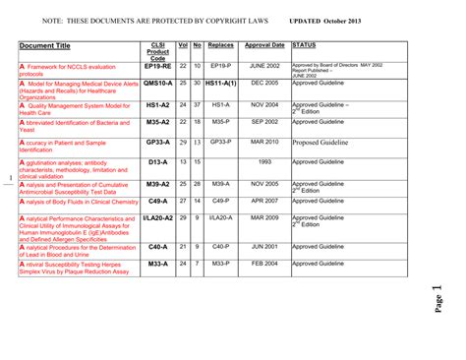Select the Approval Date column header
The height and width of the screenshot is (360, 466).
[x=264, y=45]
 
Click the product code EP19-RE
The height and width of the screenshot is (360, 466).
[x=157, y=65]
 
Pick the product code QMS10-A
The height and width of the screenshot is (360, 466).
[x=157, y=85]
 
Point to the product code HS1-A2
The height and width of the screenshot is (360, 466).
[x=157, y=103]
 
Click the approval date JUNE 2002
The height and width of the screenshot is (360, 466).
[x=264, y=65]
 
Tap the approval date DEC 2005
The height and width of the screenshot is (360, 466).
[x=264, y=85]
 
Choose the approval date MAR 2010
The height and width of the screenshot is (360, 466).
[x=264, y=142]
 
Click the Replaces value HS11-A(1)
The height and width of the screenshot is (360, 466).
[x=221, y=85]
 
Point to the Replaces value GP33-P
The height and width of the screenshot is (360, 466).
[x=221, y=142]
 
